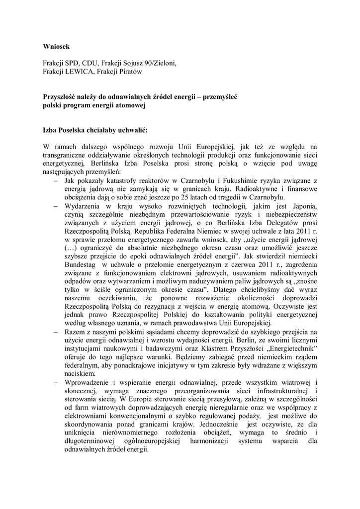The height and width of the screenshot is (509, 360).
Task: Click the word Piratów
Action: (129, 72)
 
